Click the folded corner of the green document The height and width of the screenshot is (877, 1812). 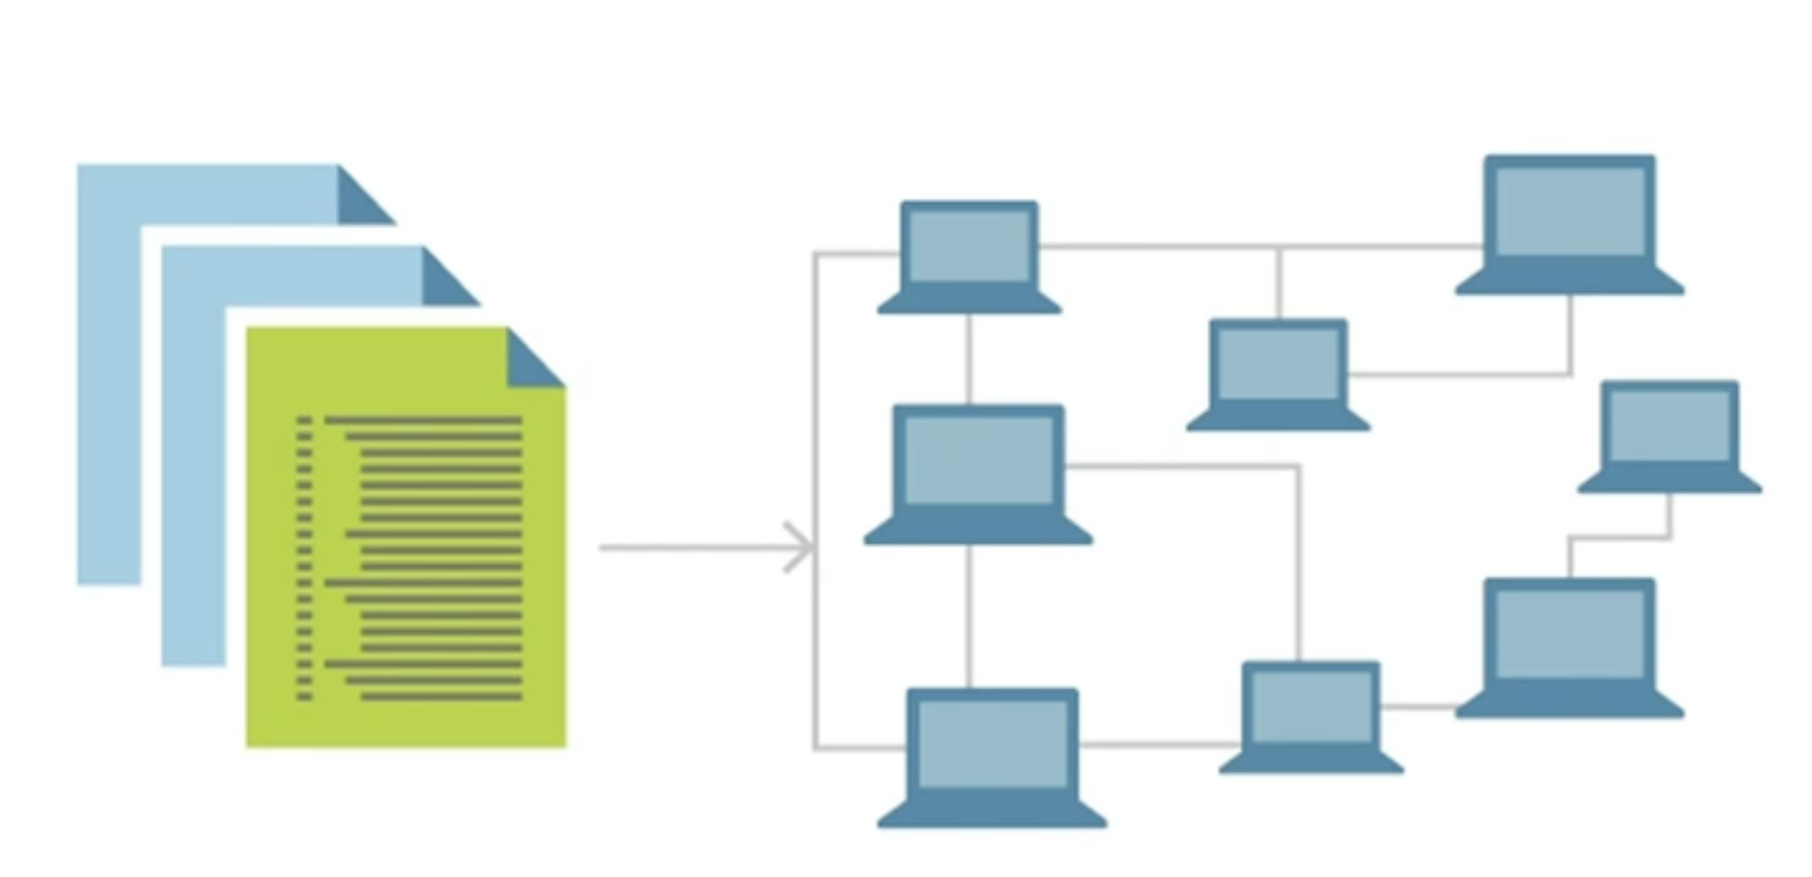[x=530, y=362]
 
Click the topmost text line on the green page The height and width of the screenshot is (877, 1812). [x=422, y=421]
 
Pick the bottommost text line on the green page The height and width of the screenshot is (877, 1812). [x=441, y=697]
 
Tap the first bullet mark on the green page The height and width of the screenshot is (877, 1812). [x=304, y=421]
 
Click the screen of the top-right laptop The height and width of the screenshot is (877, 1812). [x=1570, y=211]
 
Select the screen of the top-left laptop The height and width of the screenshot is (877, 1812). [x=969, y=246]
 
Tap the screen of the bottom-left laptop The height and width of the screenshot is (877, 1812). [x=992, y=745]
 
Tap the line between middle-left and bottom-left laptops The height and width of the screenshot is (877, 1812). [x=969, y=615]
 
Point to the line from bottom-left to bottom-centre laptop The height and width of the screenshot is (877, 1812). [x=1159, y=745]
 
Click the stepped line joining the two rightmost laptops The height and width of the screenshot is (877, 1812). [x=1620, y=538]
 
